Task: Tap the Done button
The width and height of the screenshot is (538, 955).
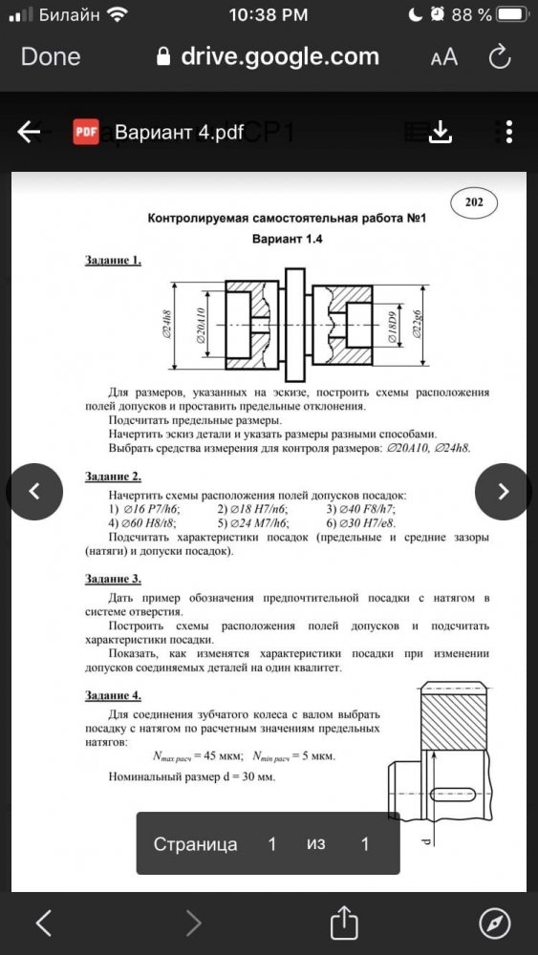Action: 51,56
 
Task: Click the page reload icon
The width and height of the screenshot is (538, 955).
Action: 499,56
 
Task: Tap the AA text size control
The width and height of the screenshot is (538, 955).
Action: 443,57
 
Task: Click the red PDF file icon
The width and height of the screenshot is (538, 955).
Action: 86,132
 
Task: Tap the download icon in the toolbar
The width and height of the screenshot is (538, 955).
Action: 440,132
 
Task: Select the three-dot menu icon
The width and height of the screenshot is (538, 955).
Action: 508,132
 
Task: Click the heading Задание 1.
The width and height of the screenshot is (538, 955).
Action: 114,260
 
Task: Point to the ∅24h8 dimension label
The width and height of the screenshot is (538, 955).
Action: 166,326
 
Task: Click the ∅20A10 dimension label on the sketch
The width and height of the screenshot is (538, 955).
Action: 201,326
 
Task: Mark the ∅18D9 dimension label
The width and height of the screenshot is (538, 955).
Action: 394,327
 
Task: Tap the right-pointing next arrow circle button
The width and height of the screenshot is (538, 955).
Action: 504,492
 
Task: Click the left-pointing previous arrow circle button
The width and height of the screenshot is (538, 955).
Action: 34,492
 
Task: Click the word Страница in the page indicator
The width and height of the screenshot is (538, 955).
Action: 196,844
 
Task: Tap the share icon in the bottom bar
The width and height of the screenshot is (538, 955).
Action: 344,923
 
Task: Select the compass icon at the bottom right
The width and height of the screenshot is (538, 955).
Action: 495,923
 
